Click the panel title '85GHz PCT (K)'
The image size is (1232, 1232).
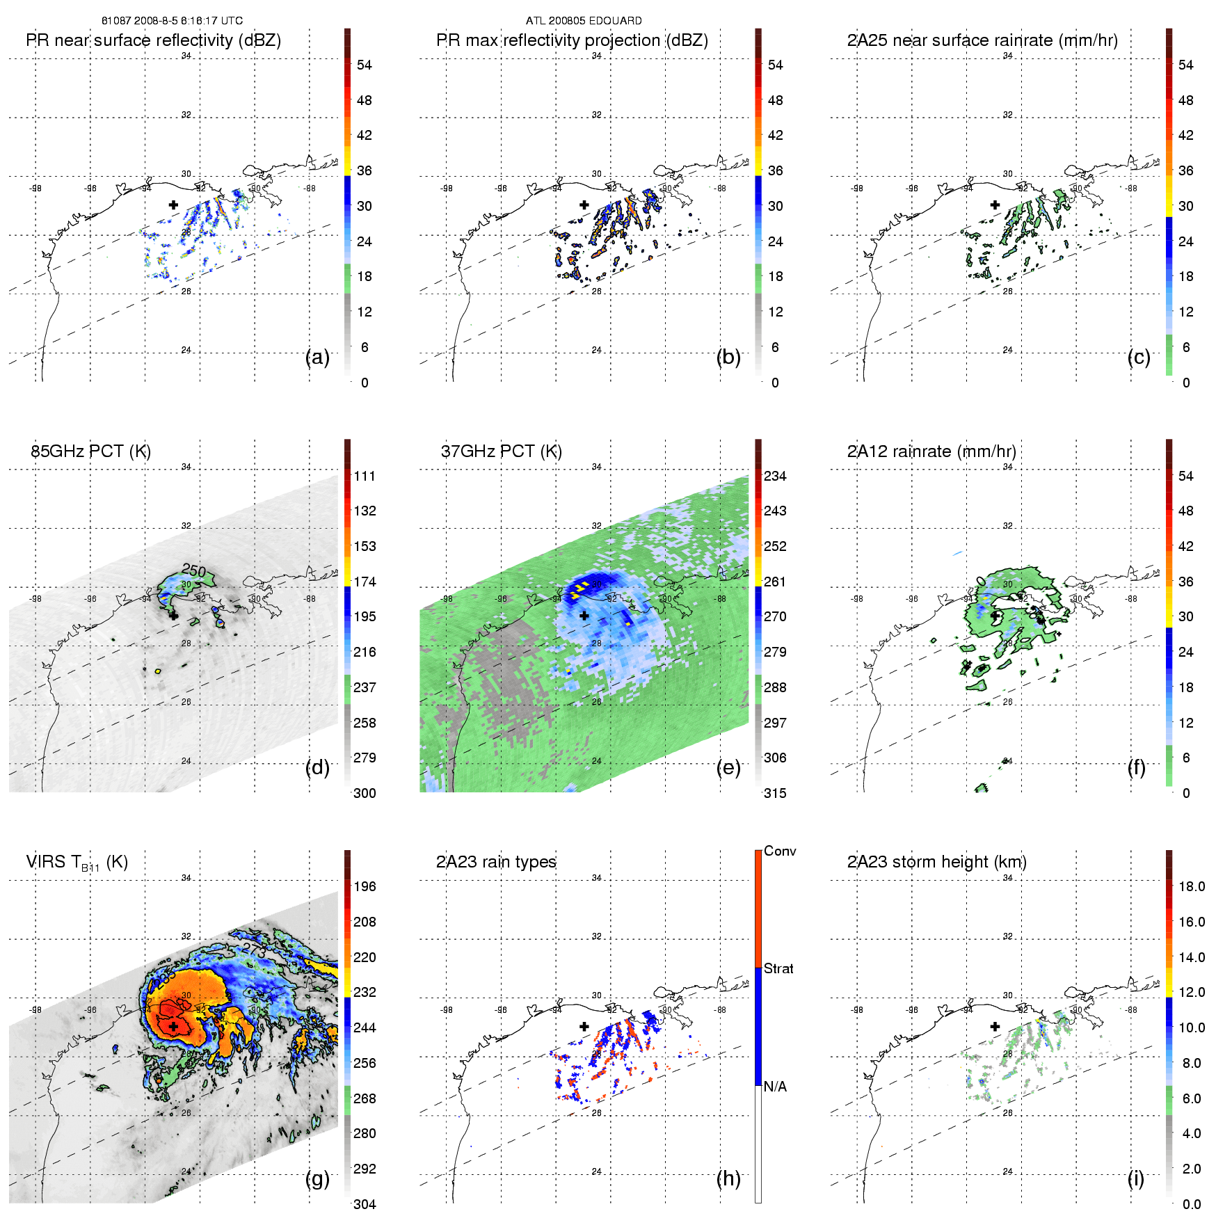(90, 451)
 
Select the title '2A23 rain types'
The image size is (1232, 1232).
(496, 862)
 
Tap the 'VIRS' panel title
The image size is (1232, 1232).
(77, 863)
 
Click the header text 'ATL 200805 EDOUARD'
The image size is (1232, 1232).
(584, 21)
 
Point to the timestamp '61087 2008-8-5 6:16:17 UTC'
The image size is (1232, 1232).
(172, 21)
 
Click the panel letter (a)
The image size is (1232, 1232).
(317, 358)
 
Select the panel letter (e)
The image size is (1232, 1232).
(728, 768)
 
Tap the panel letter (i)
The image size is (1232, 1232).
(1135, 1178)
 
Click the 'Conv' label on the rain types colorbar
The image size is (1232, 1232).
(780, 851)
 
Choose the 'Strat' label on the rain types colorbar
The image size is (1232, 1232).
(778, 968)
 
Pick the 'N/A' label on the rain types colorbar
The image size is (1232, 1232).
(775, 1087)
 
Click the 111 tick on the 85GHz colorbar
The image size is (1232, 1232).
(365, 476)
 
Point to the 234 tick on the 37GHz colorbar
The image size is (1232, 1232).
(775, 476)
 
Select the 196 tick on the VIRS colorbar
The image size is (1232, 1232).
(365, 886)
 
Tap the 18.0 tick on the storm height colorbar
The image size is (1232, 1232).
(1191, 886)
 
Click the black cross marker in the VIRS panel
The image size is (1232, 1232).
(173, 1026)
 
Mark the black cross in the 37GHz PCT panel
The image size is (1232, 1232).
(584, 616)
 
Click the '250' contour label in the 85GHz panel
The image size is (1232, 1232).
(193, 571)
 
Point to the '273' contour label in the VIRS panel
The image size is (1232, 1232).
(254, 951)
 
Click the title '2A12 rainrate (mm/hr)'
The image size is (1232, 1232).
(931, 451)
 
